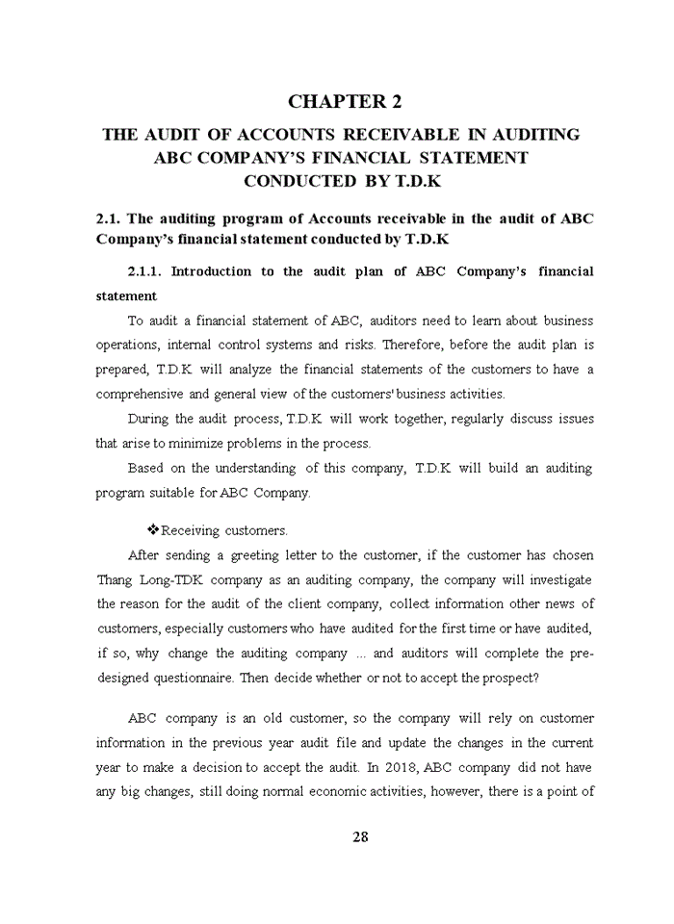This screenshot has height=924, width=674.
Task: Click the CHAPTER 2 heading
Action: pos(345,101)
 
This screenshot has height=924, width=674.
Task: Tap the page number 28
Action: pos(360,836)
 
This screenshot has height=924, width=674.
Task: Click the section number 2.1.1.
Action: pos(148,271)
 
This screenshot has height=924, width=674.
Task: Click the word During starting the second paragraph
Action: pos(148,419)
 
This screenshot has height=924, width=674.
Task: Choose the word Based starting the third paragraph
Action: pos(145,468)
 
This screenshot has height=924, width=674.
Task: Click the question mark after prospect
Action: pos(535,678)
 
